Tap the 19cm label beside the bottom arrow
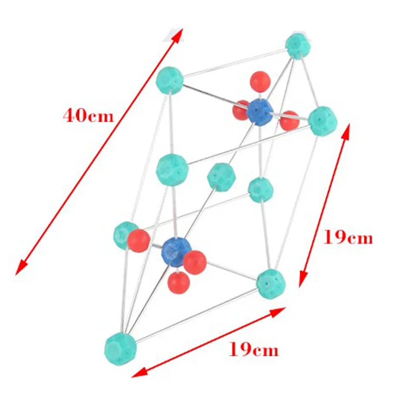[254, 350]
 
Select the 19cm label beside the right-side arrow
[348, 238]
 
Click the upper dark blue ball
[260, 112]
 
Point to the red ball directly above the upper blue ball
[260, 81]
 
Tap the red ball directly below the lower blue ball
[178, 281]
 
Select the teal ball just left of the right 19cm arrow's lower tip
[270, 282]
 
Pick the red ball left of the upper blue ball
[241, 110]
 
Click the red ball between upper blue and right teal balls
[289, 120]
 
